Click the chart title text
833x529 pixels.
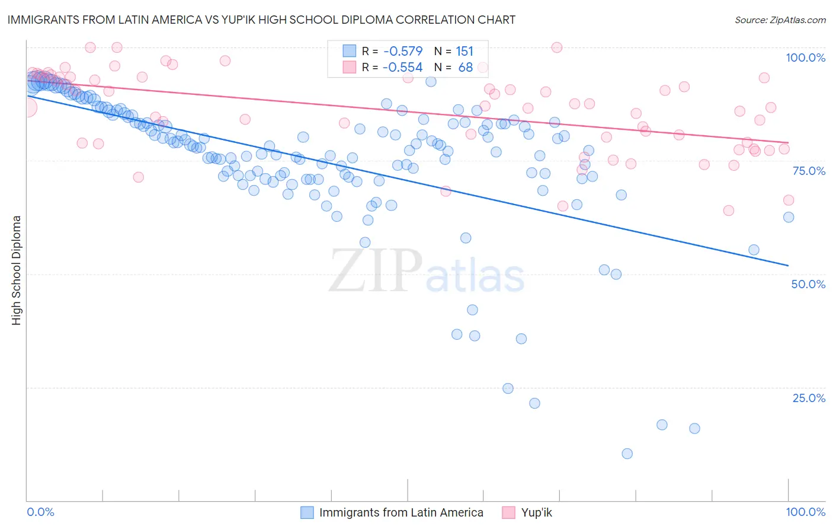tap(261, 20)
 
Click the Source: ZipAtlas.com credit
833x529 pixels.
tap(780, 20)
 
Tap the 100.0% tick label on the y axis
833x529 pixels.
tap(805, 58)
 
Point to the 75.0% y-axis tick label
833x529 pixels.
tap(809, 171)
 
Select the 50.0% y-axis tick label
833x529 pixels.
tap(808, 284)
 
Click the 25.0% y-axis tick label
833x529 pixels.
tap(809, 398)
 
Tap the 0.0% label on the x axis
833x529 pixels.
tap(40, 512)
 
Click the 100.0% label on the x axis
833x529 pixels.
tap(805, 512)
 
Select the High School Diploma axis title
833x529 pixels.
tap(17, 270)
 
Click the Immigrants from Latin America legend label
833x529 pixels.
tap(401, 512)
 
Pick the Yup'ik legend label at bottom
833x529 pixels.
tap(536, 512)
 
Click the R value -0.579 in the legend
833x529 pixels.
tap(402, 51)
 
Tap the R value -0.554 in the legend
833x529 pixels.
tap(402, 68)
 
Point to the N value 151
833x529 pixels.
tap(464, 51)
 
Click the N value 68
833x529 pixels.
tap(466, 68)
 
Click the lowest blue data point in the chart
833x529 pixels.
tap(627, 454)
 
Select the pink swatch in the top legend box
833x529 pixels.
tap(350, 68)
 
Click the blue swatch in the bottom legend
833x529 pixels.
tap(307, 512)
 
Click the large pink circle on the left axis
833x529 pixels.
tap(27, 108)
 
